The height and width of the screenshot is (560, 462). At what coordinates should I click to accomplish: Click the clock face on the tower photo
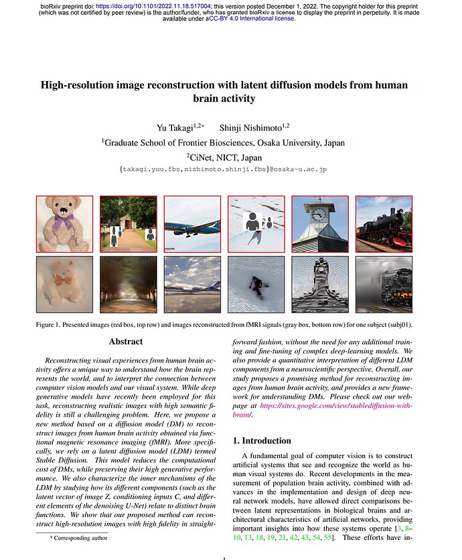(319, 214)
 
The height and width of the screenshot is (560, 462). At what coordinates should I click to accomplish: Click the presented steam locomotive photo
(384, 224)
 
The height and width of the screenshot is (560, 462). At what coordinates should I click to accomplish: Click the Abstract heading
(126, 342)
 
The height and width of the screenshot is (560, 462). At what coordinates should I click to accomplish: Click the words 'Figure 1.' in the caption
(51, 325)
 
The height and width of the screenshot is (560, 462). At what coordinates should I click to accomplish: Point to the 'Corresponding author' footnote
(74, 537)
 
